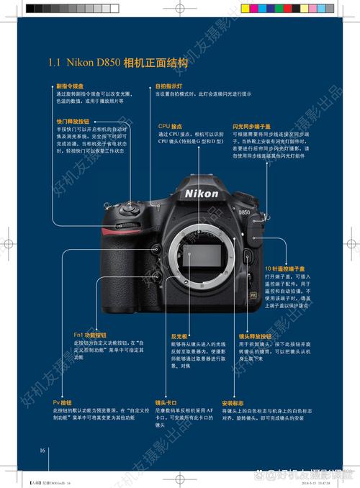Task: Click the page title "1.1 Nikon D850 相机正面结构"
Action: point(118,63)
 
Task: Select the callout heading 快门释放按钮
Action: point(73,122)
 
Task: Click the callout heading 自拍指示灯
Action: point(169,86)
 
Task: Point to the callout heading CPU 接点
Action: point(171,126)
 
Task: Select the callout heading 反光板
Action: point(179,336)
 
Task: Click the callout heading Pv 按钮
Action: point(62,402)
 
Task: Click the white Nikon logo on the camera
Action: point(202,194)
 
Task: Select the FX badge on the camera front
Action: point(253,295)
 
